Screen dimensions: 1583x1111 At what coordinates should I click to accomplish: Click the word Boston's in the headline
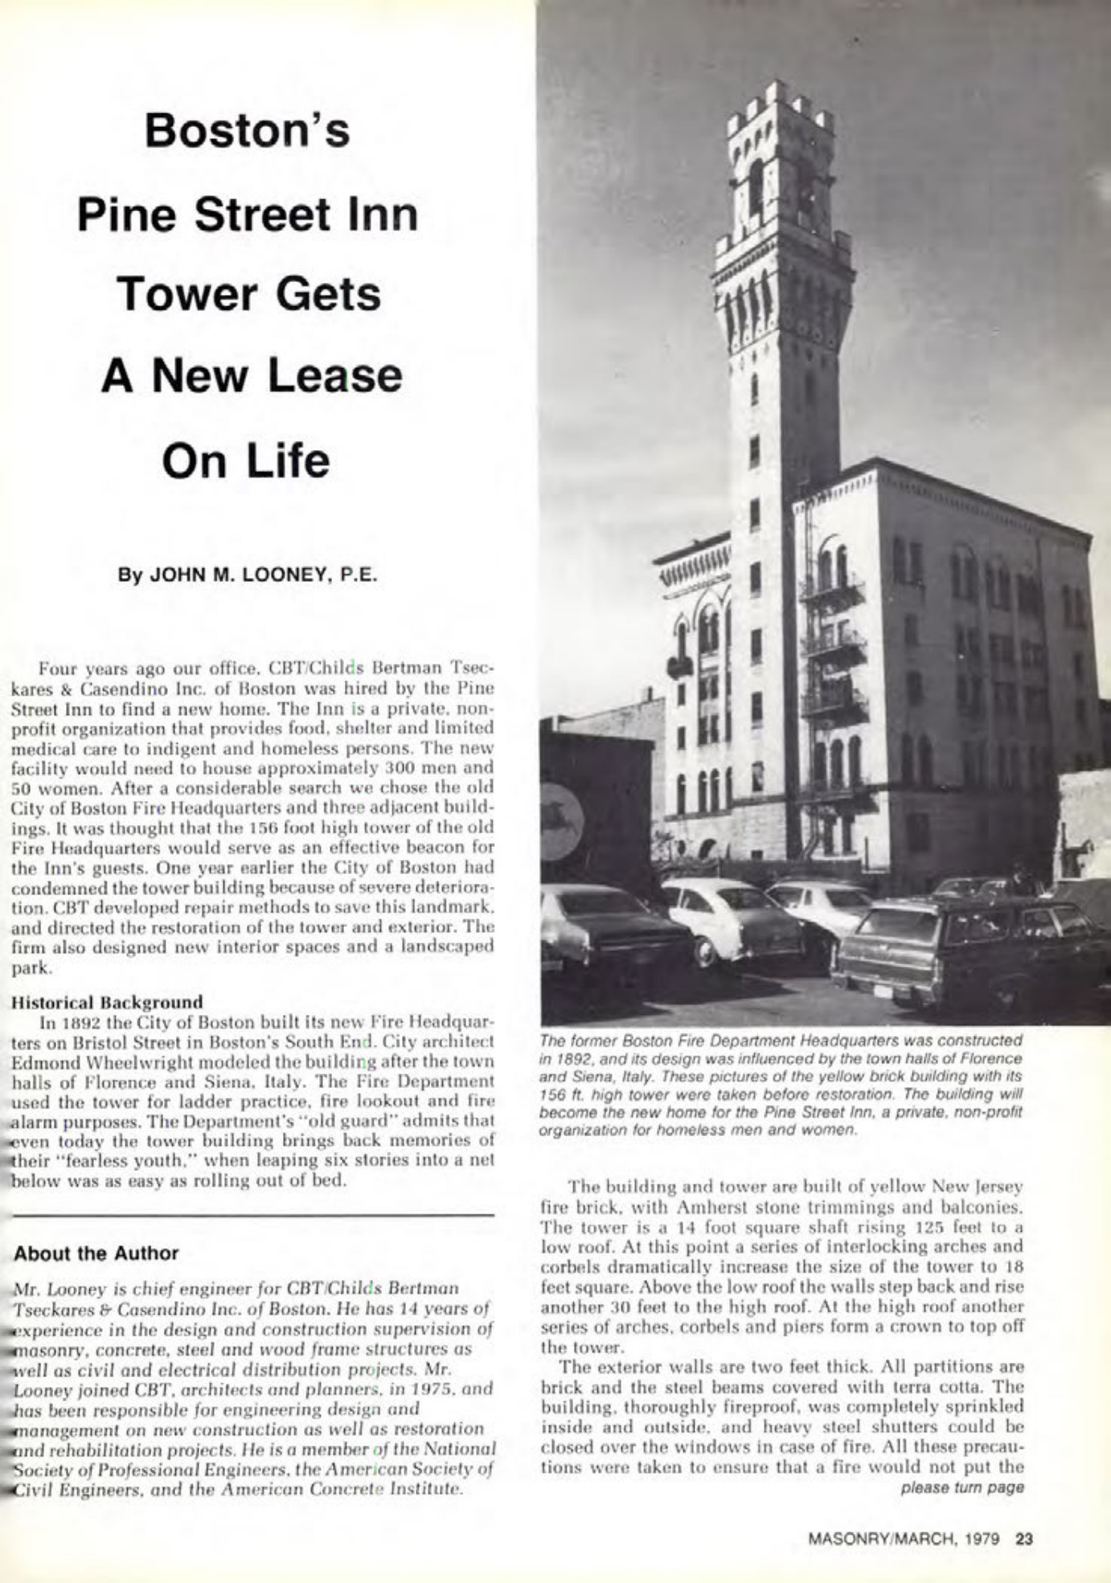(x=247, y=131)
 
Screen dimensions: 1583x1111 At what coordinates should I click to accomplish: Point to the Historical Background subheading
(x=108, y=1002)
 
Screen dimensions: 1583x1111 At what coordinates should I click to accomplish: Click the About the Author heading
(x=96, y=1253)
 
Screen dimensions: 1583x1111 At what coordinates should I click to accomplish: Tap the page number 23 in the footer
(x=1024, y=1539)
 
